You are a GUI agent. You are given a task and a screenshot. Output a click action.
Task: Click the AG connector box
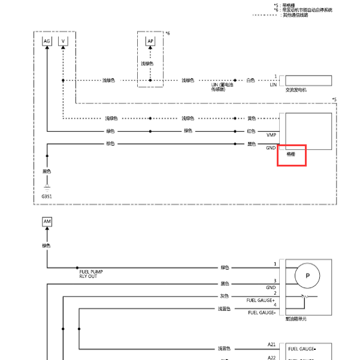click(47, 41)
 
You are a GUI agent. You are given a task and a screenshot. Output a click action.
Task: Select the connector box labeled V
click(63, 41)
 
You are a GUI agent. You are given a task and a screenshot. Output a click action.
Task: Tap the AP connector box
click(150, 41)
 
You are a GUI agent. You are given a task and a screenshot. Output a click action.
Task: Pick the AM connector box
click(47, 222)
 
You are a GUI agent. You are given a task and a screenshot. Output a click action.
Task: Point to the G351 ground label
click(47, 196)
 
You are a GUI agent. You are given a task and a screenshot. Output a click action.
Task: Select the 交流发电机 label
click(296, 90)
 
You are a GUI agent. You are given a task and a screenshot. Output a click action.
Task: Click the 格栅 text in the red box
click(291, 154)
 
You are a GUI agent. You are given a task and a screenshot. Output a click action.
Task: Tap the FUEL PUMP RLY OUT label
click(91, 274)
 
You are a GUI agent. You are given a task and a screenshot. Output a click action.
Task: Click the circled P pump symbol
click(308, 276)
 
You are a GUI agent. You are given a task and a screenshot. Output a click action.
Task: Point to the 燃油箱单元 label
click(297, 319)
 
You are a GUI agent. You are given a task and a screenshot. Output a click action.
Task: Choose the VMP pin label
click(271, 135)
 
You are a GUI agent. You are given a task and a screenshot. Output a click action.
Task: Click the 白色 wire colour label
click(251, 80)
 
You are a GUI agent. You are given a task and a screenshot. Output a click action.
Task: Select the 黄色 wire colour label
click(252, 118)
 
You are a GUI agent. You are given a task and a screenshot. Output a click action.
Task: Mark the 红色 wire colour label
click(252, 131)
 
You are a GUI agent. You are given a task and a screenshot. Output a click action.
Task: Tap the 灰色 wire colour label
click(225, 296)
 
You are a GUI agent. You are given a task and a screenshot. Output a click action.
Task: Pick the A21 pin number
click(271, 344)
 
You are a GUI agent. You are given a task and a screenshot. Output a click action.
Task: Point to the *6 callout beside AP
click(168, 32)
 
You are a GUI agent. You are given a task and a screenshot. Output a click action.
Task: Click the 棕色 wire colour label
click(110, 144)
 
